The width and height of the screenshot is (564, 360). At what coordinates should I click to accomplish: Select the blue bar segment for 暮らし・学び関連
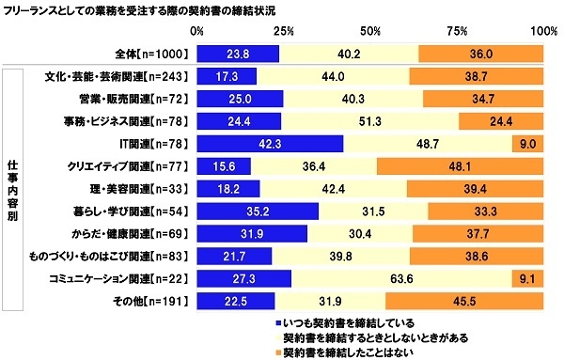point(258,211)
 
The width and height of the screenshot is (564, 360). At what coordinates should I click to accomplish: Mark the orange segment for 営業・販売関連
point(483,99)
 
